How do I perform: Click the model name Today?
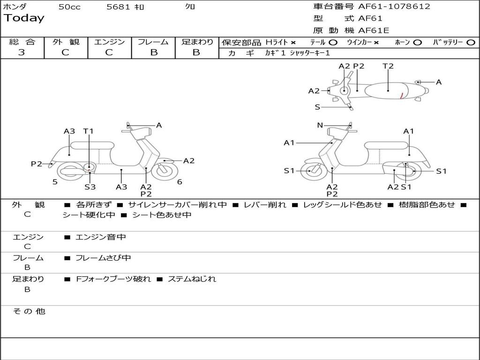coord(24,18)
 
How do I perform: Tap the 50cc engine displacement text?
coord(69,7)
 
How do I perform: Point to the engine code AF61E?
coord(374,31)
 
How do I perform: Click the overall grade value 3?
coord(22,52)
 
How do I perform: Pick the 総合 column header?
coord(22,42)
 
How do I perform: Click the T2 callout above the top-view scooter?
coord(388,66)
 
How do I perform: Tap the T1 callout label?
coord(89,131)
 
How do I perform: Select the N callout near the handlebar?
coord(320,125)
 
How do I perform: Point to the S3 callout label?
coord(90,187)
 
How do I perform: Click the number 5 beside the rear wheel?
coord(55,182)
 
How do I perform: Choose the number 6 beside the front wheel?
coord(180,182)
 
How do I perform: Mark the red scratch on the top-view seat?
coord(402,96)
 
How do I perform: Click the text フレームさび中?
coord(103,258)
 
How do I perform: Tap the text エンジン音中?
coord(100,237)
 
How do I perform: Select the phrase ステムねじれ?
coord(192,279)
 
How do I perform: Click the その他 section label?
coord(29,311)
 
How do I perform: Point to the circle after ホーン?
coord(417,43)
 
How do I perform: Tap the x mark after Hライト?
coord(293,43)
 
